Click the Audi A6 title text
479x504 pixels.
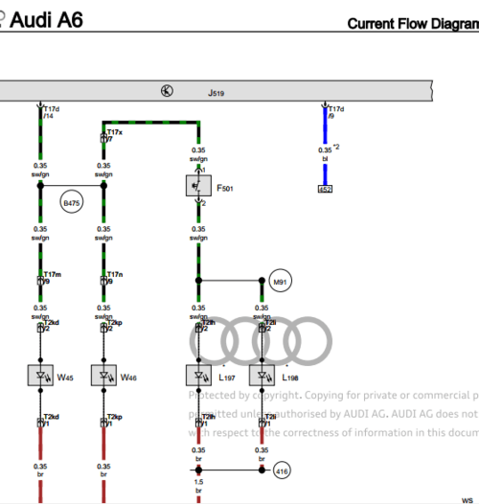[45, 18]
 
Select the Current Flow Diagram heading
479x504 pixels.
[412, 24]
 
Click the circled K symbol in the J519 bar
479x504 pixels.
[167, 92]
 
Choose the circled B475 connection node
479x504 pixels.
[72, 204]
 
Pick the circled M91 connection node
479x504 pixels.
[281, 282]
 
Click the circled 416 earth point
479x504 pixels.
[281, 470]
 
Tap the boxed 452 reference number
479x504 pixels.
[326, 189]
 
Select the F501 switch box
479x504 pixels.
[198, 186]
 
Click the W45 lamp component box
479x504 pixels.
[40, 377]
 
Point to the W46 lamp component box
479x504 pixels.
[104, 377]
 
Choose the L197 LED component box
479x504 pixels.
[198, 377]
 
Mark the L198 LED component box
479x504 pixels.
[262, 377]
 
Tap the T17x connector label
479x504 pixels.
[114, 132]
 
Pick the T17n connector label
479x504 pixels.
[114, 274]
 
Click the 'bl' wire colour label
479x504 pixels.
[325, 159]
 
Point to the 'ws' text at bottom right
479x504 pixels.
[468, 499]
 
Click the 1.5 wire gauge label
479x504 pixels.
[198, 482]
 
